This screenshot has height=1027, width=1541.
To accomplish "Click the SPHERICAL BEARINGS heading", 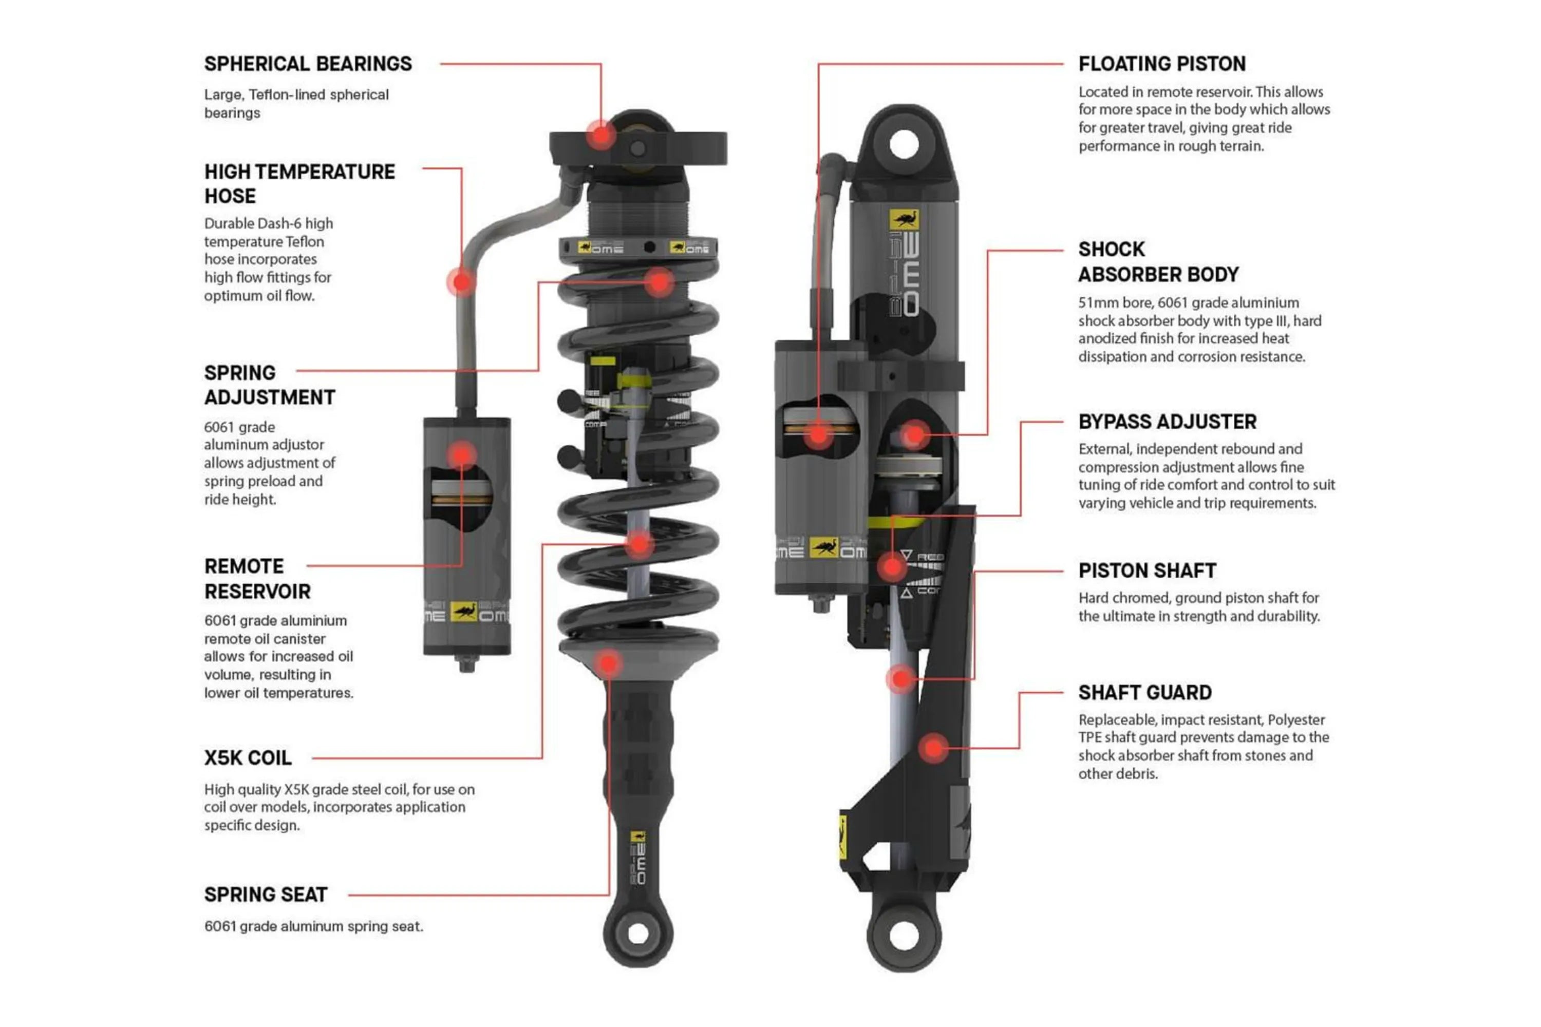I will pos(308,64).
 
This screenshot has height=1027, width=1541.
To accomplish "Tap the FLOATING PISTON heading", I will pos(1161,64).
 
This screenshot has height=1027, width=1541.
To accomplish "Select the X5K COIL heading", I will pos(248,758).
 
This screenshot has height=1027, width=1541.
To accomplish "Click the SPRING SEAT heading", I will pos(266,895).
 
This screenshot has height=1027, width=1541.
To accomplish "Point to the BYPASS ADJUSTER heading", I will pos(1167,422).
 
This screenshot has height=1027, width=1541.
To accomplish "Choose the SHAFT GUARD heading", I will pos(1144,692).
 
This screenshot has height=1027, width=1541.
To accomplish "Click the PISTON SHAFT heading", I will pos(1147,570).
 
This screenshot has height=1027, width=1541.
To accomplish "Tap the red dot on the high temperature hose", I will pos(462,281).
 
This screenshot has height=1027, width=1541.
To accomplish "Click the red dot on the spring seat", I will pos(609,663).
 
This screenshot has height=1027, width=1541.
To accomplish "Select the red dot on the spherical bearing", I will pos(600,136).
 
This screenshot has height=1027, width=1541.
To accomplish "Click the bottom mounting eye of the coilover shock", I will pos(638,934).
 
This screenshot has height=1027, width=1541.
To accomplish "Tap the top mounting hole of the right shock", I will pos(904,144).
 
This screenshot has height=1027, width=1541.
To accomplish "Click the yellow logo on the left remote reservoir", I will pos(464,611).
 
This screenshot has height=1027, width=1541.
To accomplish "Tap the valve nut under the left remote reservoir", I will pos(466,665).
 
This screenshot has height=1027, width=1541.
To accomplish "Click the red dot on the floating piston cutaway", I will pos(818,434).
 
